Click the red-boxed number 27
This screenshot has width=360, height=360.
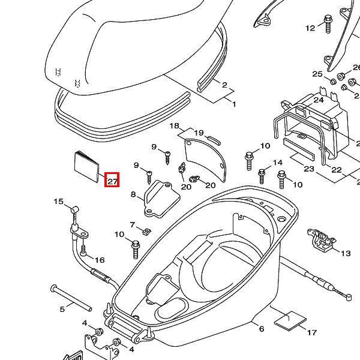112,179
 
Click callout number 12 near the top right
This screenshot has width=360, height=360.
310,28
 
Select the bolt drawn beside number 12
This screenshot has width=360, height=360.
328,22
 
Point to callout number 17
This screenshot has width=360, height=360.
311,332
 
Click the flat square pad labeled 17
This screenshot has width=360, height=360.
290,320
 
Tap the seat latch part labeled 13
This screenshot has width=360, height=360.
320,238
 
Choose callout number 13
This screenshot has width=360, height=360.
346,254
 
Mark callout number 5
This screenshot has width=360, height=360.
62,310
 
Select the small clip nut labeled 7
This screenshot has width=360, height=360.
145,230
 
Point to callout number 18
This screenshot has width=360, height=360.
175,126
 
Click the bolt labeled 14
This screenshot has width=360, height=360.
262,175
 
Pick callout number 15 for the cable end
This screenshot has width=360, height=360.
59,202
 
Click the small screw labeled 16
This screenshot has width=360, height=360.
83,247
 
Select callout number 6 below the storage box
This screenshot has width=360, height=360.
262,329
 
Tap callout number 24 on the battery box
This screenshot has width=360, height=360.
319,100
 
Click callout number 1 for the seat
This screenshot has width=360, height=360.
235,104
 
